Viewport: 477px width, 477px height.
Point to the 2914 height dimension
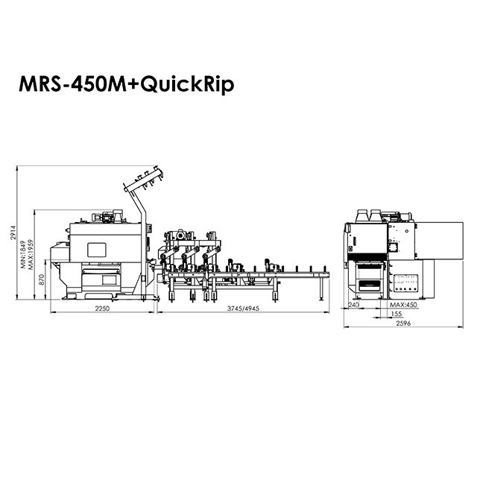[x=13, y=233]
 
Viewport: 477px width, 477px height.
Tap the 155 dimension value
[x=397, y=315]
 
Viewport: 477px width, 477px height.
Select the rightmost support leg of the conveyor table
[x=323, y=286]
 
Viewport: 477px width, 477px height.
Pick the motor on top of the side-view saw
[x=104, y=217]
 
